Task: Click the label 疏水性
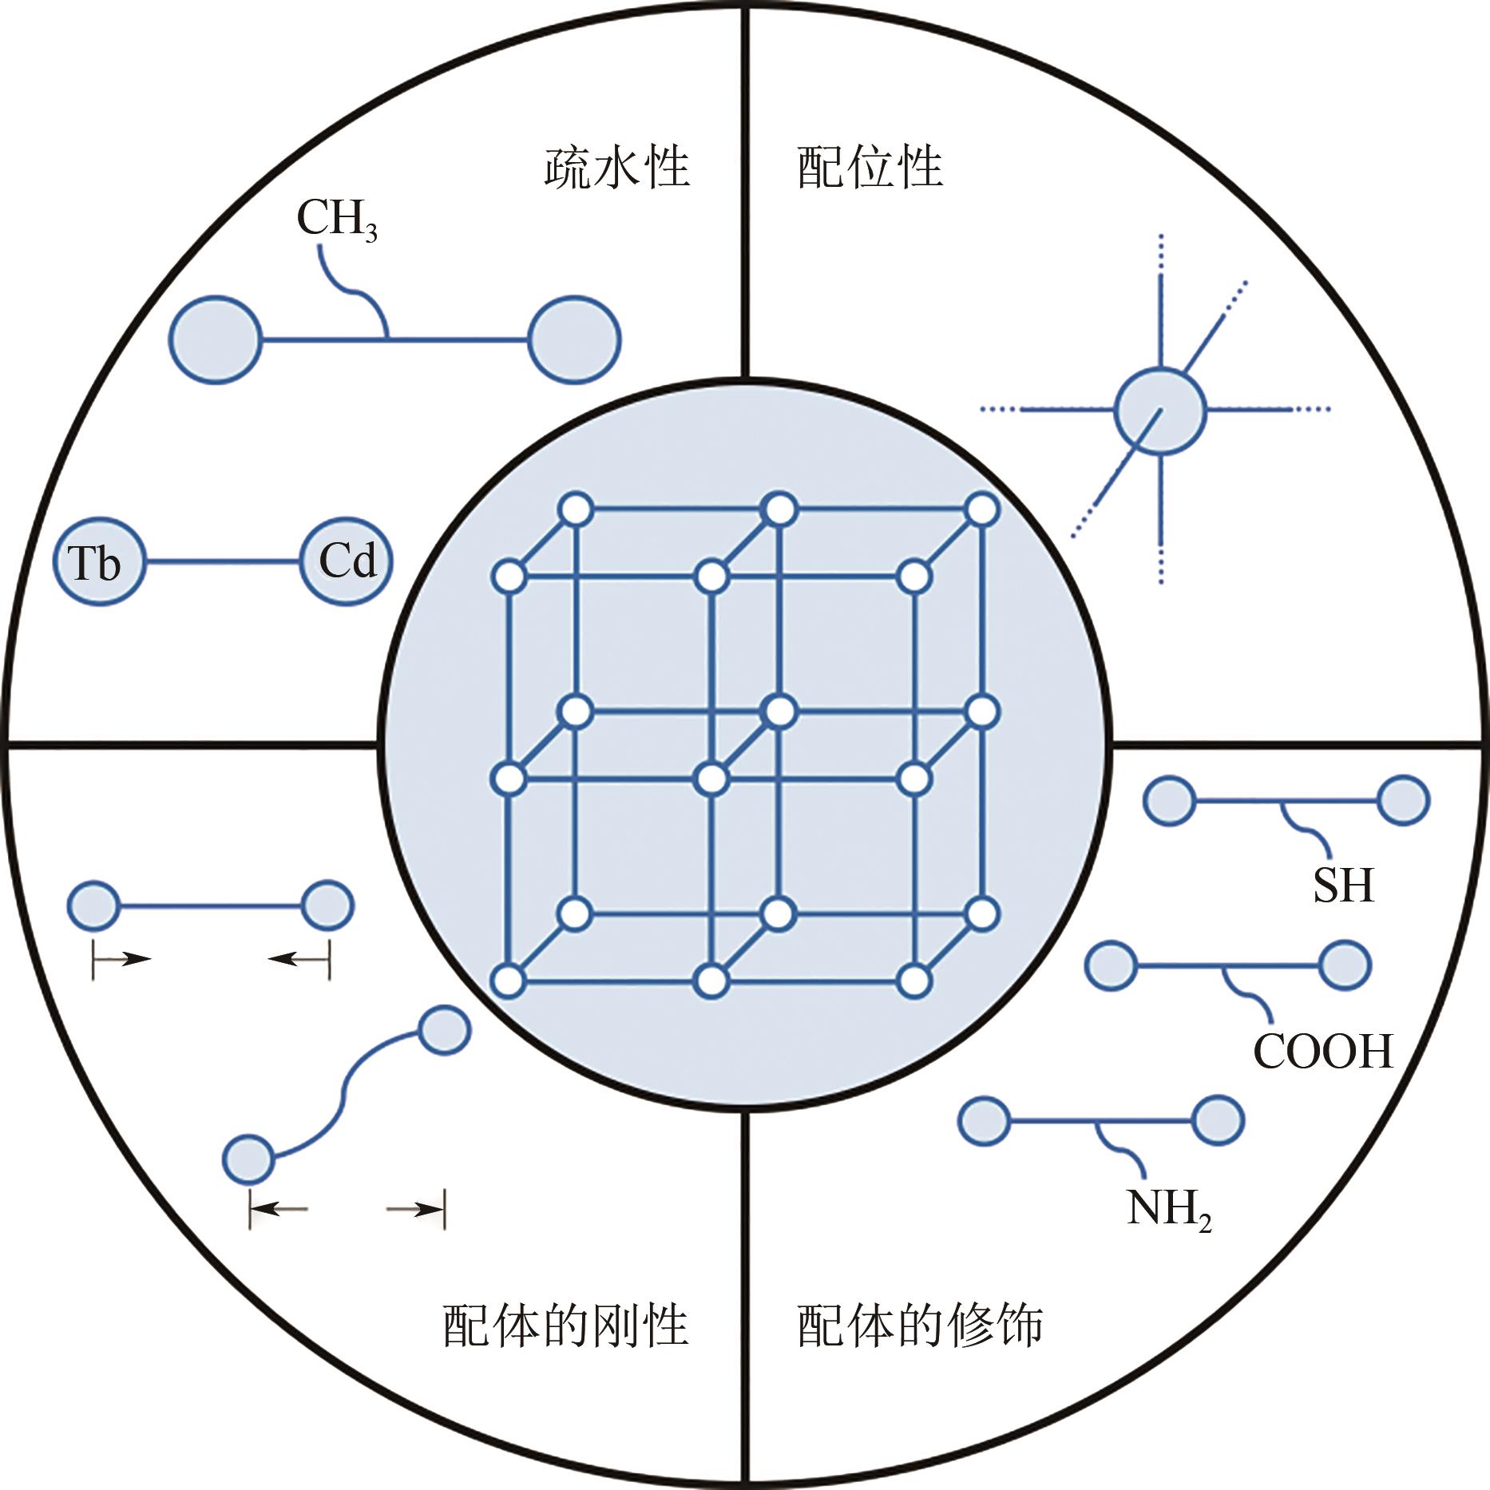click(616, 167)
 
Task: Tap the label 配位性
click(870, 167)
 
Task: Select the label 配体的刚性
click(565, 1326)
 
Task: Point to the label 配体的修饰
click(920, 1326)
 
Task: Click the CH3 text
click(336, 218)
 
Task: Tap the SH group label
click(1343, 885)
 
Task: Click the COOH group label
click(1323, 1051)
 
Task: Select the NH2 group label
click(1168, 1208)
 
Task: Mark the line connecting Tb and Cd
click(223, 561)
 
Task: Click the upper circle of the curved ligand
click(444, 1030)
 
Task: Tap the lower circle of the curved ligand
click(248, 1159)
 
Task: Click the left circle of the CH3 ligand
click(216, 339)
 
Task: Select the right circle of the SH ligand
click(1404, 800)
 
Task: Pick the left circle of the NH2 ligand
click(984, 1121)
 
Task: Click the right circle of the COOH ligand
click(1345, 965)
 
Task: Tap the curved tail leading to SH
click(1308, 826)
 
